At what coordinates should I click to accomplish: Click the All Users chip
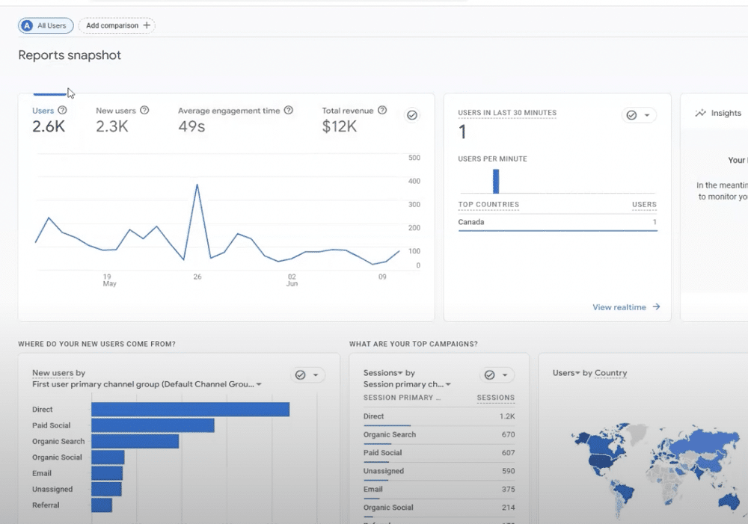coord(46,25)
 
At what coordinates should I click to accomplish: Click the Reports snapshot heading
coord(70,55)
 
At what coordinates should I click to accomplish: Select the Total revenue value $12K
coord(339,127)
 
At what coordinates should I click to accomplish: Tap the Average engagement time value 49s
coord(191,127)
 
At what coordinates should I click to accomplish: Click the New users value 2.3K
coord(112,127)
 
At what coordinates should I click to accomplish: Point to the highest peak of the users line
coord(197,185)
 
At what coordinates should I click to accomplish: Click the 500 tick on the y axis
coord(414,158)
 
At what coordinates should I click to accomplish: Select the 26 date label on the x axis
coord(197,277)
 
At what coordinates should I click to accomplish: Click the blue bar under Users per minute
coord(496,182)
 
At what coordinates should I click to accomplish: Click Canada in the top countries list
coord(471,222)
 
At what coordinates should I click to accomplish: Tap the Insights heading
coord(726,114)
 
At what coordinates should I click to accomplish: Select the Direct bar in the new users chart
coord(190,410)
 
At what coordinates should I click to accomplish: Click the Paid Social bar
coord(153,425)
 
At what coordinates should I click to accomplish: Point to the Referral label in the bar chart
coord(46,505)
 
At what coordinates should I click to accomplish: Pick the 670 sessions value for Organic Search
coord(508,435)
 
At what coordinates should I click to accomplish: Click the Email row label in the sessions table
coord(373,490)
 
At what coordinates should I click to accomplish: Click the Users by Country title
coord(589,373)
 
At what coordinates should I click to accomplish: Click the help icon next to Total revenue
coord(382,111)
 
